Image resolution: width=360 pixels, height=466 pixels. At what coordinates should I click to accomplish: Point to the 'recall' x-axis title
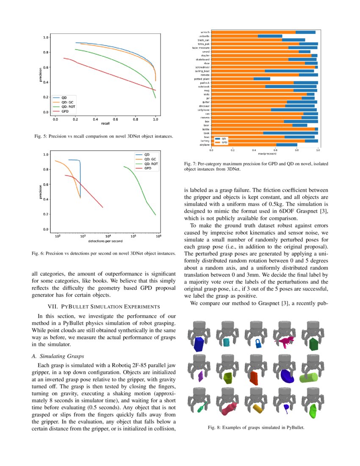(x=105, y=124)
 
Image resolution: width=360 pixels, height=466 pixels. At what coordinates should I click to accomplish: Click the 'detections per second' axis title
(x=106, y=241)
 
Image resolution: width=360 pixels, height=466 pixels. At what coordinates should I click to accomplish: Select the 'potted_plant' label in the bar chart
(x=201, y=79)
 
